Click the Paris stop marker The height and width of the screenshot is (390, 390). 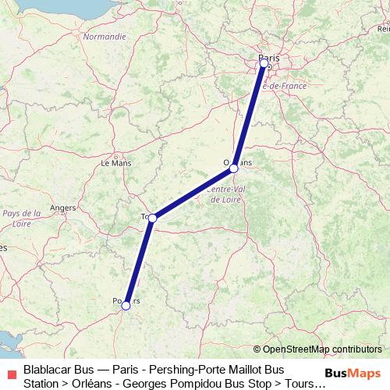tap(264, 62)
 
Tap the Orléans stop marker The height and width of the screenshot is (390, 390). tap(233, 168)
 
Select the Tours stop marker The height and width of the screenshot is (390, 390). tap(153, 218)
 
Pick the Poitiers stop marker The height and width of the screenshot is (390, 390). tap(126, 305)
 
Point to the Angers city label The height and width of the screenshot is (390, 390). tap(62, 207)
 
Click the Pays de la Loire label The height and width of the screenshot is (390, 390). tap(21, 218)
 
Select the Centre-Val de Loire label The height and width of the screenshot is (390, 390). tap(227, 193)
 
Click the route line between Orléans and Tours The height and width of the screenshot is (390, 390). tap(193, 193)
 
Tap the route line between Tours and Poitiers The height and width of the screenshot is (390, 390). tap(140, 261)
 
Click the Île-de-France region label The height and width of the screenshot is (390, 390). tap(282, 86)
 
